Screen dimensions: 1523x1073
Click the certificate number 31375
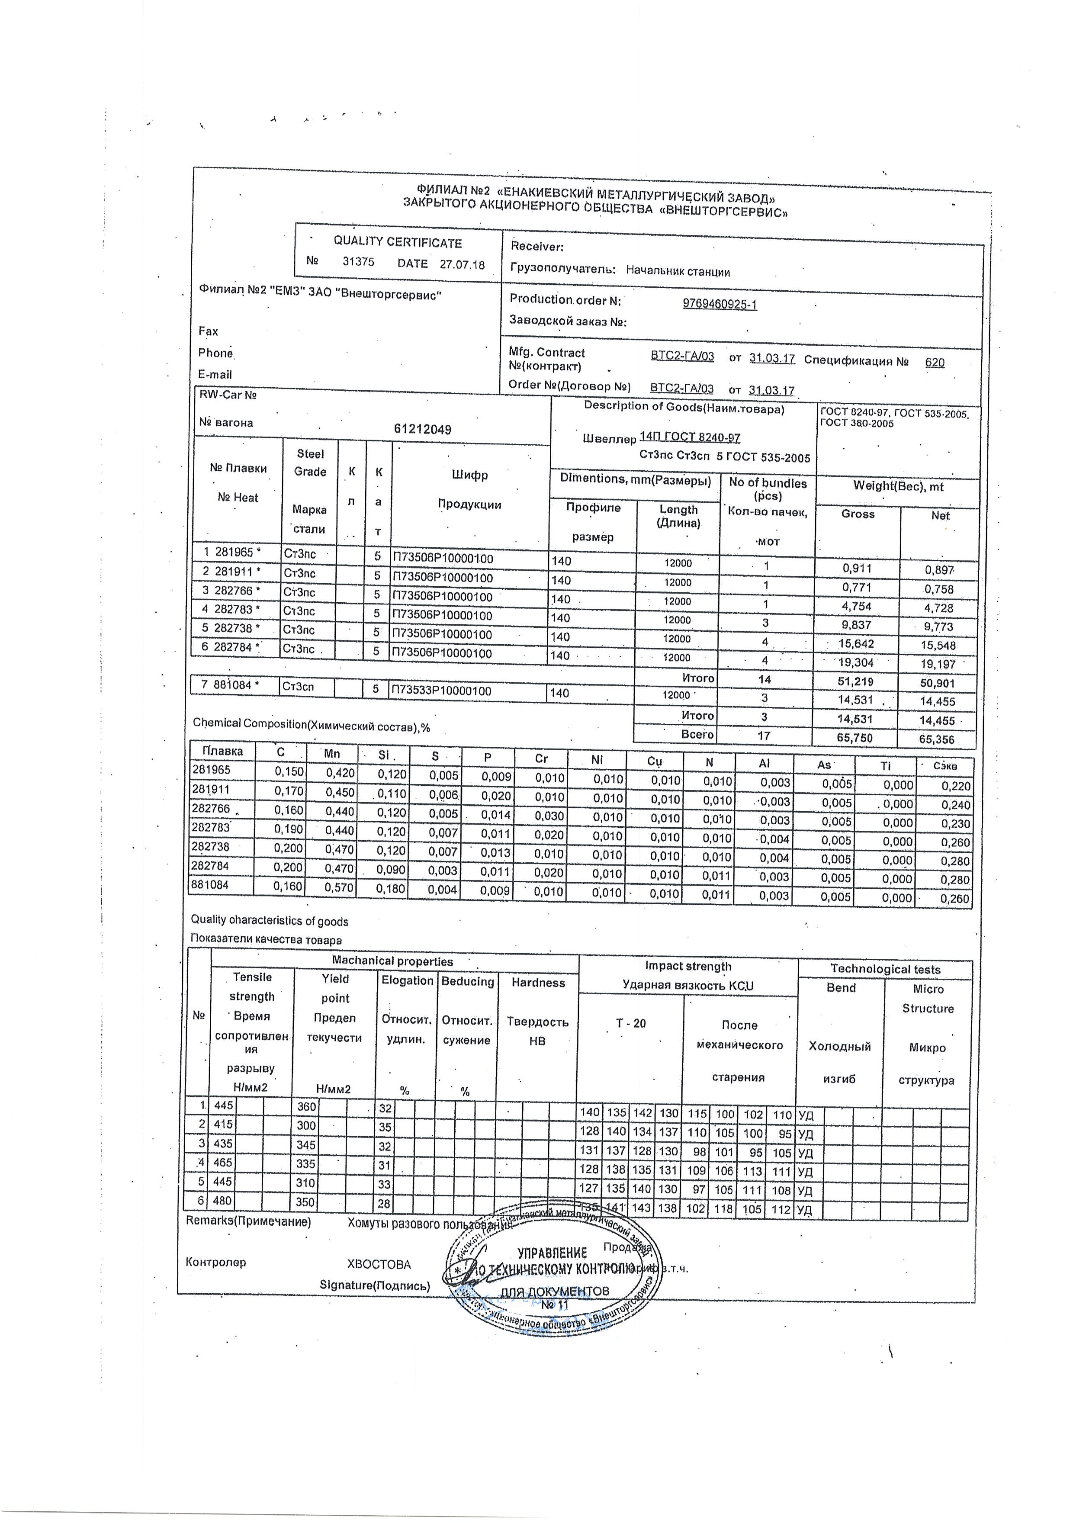pos(358,262)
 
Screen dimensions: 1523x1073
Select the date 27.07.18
pos(462,265)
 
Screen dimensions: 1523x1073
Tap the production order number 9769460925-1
pos(720,305)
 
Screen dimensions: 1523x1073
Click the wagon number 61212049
pos(422,430)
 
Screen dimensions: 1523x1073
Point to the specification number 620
pos(935,363)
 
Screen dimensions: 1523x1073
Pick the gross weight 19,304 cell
pos(856,663)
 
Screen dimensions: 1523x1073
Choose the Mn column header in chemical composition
pos(331,754)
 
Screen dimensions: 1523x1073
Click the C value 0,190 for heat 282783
pos(289,830)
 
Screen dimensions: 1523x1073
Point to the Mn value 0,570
pos(340,887)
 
